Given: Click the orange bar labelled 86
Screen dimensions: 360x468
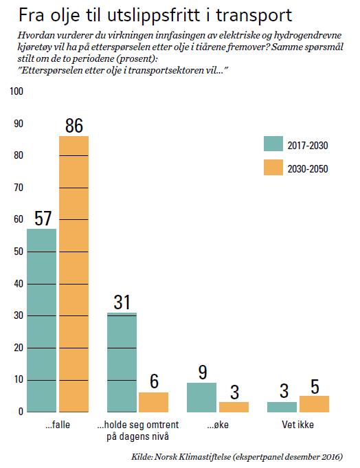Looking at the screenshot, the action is click(x=74, y=274).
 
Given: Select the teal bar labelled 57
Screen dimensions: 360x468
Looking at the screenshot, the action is click(x=41, y=320).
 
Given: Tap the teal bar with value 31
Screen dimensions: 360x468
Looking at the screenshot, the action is click(x=122, y=362).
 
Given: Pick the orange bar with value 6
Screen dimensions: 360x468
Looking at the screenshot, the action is click(x=154, y=402).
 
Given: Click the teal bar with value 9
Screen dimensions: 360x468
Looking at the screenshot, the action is click(x=201, y=398).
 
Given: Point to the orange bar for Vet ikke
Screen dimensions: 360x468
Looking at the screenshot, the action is click(x=315, y=404).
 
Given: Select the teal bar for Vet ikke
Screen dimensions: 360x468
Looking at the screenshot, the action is click(x=282, y=407).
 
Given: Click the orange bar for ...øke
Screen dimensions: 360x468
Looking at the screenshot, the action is click(x=234, y=407).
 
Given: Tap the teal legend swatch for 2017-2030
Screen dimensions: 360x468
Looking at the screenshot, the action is click(x=273, y=144).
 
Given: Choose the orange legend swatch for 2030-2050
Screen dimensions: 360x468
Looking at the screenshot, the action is click(x=273, y=167).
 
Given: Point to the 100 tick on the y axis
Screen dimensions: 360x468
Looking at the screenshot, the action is click(x=16, y=91).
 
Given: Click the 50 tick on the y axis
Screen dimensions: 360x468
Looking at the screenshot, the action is click(x=19, y=252).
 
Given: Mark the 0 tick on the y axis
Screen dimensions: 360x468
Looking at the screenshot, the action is click(x=21, y=412).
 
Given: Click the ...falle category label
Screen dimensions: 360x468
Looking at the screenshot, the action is click(x=58, y=425).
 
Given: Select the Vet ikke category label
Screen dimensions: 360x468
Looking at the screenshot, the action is click(x=298, y=425).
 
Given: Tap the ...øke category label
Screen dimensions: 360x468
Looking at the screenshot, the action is click(x=218, y=425).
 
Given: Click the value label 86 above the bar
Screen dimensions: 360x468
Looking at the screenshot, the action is click(x=74, y=126).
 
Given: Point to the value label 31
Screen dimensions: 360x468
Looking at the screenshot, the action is click(x=122, y=302).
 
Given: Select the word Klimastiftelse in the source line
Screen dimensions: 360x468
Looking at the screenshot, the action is click(x=205, y=457).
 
